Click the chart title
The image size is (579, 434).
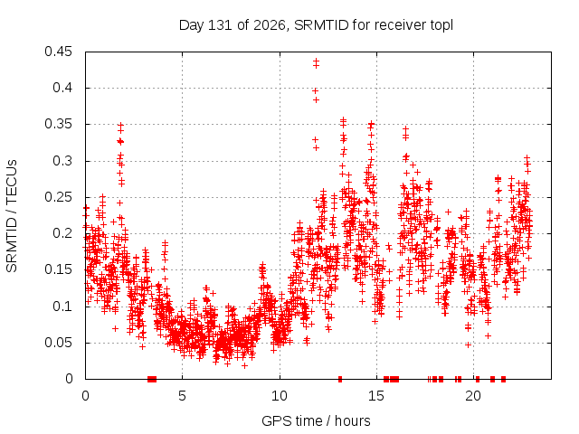tap(316, 25)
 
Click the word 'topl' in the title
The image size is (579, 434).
tap(441, 25)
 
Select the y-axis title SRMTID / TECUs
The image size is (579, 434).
tap(12, 216)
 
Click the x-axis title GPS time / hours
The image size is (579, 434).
tap(316, 420)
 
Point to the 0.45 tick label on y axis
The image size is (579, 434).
tap(58, 52)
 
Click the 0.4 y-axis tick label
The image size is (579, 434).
tap(62, 88)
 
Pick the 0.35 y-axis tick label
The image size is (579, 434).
tap(58, 124)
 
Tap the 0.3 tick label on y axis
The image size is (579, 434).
tap(62, 161)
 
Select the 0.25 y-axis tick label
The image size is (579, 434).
tap(58, 197)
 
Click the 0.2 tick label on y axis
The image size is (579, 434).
tap(62, 233)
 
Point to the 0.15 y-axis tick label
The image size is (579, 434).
tap(58, 269)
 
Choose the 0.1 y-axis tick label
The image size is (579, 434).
tap(62, 306)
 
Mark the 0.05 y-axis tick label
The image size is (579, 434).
tap(58, 343)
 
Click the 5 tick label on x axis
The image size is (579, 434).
tap(183, 396)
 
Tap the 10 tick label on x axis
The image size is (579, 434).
tap(280, 396)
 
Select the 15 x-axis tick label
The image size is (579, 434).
tap(376, 396)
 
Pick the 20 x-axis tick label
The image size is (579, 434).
tap(473, 396)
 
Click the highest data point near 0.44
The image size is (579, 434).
tap(316, 61)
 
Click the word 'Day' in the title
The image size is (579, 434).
tap(191, 25)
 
